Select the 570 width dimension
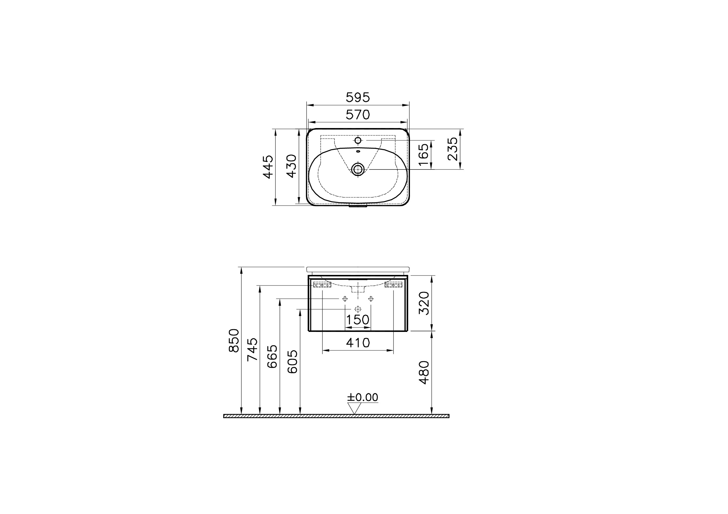coord(358,115)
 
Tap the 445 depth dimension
coord(268,167)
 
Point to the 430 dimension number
coord(291,166)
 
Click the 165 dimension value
coord(423,154)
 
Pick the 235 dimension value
coord(453,149)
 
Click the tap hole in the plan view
coord(358,140)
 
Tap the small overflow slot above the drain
coord(358,151)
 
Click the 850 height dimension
coord(234,340)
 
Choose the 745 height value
coord(253,350)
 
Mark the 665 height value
coord(272,356)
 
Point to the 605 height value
coord(292,362)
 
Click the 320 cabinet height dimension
coord(424,303)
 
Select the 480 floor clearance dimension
coord(424,372)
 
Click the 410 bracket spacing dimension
coord(358,343)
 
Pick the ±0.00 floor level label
coord(362,397)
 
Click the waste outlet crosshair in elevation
coord(358,309)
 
